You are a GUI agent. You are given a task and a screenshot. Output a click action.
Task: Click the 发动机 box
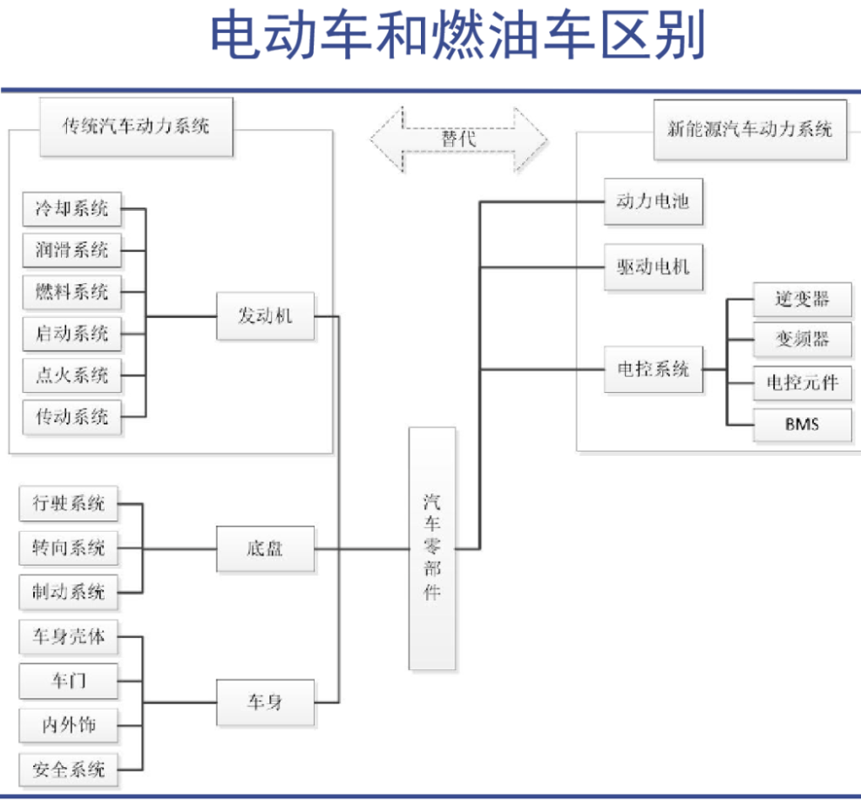265,316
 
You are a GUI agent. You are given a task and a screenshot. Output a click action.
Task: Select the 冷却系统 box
71,209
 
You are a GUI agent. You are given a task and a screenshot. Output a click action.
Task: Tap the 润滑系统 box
71,251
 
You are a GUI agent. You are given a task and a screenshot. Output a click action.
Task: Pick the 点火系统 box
71,375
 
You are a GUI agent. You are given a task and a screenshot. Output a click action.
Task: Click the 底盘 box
265,549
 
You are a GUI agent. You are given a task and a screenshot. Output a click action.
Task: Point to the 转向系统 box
68,548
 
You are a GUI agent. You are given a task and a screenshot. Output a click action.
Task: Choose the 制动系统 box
68,592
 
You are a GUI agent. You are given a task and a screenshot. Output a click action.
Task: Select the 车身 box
265,703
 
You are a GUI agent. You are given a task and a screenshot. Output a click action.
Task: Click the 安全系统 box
68,769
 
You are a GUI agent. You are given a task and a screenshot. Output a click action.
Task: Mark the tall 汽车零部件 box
432,548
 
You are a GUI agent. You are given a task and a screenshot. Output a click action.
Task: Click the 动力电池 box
653,201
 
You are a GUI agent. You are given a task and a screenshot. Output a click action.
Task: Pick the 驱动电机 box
653,265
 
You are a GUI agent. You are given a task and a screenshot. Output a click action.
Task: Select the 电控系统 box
653,369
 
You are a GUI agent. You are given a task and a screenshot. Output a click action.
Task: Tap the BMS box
802,425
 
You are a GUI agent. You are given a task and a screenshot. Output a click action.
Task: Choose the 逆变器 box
802,300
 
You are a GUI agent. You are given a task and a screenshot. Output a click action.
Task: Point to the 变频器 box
802,340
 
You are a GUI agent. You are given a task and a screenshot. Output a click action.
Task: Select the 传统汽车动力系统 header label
136,127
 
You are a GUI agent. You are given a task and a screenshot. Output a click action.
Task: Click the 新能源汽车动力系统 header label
749,130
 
